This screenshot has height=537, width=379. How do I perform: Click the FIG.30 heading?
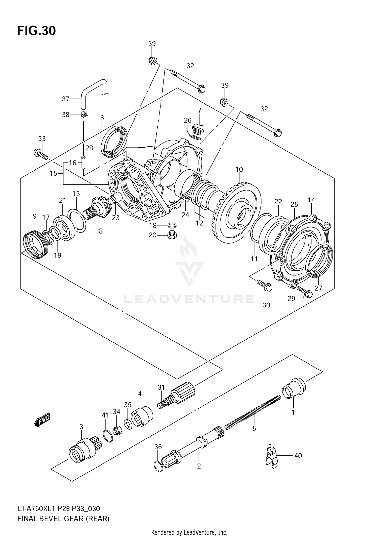(x=36, y=31)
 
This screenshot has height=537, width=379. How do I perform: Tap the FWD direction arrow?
(x=42, y=421)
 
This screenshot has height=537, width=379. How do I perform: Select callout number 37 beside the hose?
(x=65, y=99)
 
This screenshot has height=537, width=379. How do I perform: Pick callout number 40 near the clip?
(x=298, y=456)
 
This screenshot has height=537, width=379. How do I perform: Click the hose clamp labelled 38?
(x=83, y=114)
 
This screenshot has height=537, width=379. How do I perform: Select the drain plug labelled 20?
(x=172, y=235)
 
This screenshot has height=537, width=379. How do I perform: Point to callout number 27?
(x=318, y=288)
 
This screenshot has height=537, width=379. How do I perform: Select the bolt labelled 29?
(x=305, y=292)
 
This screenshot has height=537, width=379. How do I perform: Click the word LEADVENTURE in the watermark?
(x=189, y=299)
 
